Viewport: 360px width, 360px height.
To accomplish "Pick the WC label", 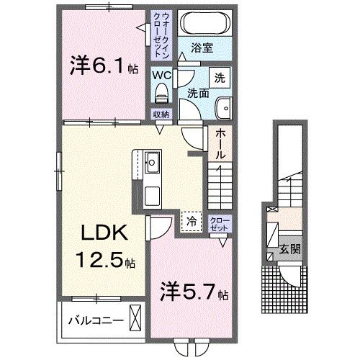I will [x=161, y=73].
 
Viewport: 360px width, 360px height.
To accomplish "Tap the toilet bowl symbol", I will [x=161, y=91].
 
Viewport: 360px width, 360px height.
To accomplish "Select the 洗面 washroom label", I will [x=199, y=93].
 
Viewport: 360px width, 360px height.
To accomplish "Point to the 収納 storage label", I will [x=161, y=114].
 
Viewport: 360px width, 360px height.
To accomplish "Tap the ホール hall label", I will [x=220, y=144].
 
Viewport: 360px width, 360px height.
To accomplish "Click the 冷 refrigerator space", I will [x=191, y=222].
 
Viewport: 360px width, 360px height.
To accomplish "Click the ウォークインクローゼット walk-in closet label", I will [x=160, y=34].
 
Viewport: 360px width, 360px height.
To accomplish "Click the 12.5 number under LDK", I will [x=104, y=258].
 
